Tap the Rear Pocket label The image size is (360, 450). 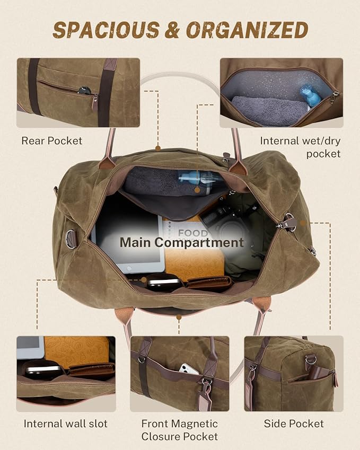tap(52, 141)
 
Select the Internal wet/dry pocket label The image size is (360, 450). tap(300, 147)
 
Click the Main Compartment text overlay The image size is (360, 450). tap(181, 243)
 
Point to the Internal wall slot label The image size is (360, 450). tap(65, 423)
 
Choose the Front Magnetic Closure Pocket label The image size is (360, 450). tap(179, 430)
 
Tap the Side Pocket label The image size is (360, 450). tap(294, 423)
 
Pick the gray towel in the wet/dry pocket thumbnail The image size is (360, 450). tap(269, 111)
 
